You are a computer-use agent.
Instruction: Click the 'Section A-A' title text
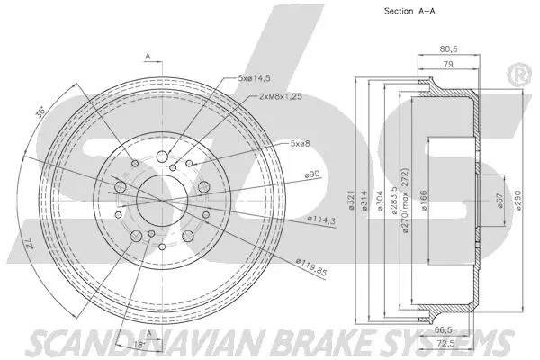click(x=398, y=12)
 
